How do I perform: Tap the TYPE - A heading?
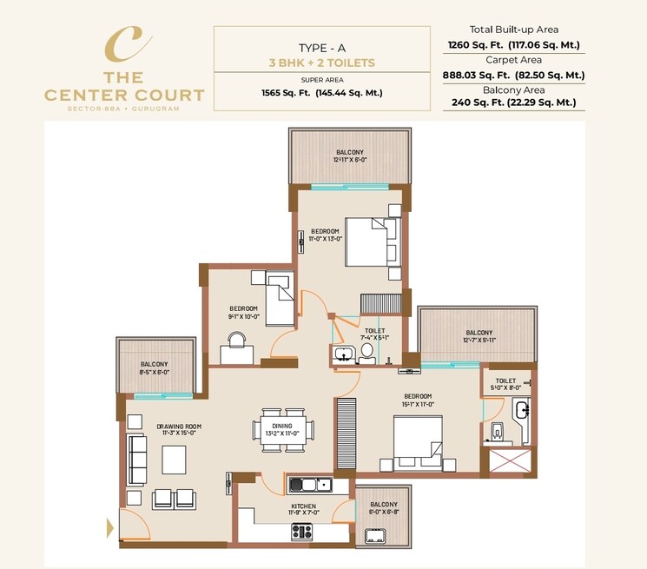[321, 48]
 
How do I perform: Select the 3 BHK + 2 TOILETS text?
[321, 63]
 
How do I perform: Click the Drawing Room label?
[179, 427]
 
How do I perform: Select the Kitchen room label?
[304, 506]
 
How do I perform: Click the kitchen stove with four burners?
[302, 531]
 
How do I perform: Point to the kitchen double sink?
[309, 485]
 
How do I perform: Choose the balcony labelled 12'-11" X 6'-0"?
[350, 156]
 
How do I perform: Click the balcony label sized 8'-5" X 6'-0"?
[155, 367]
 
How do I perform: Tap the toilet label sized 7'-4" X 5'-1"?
[375, 334]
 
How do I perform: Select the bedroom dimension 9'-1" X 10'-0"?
[243, 316]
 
